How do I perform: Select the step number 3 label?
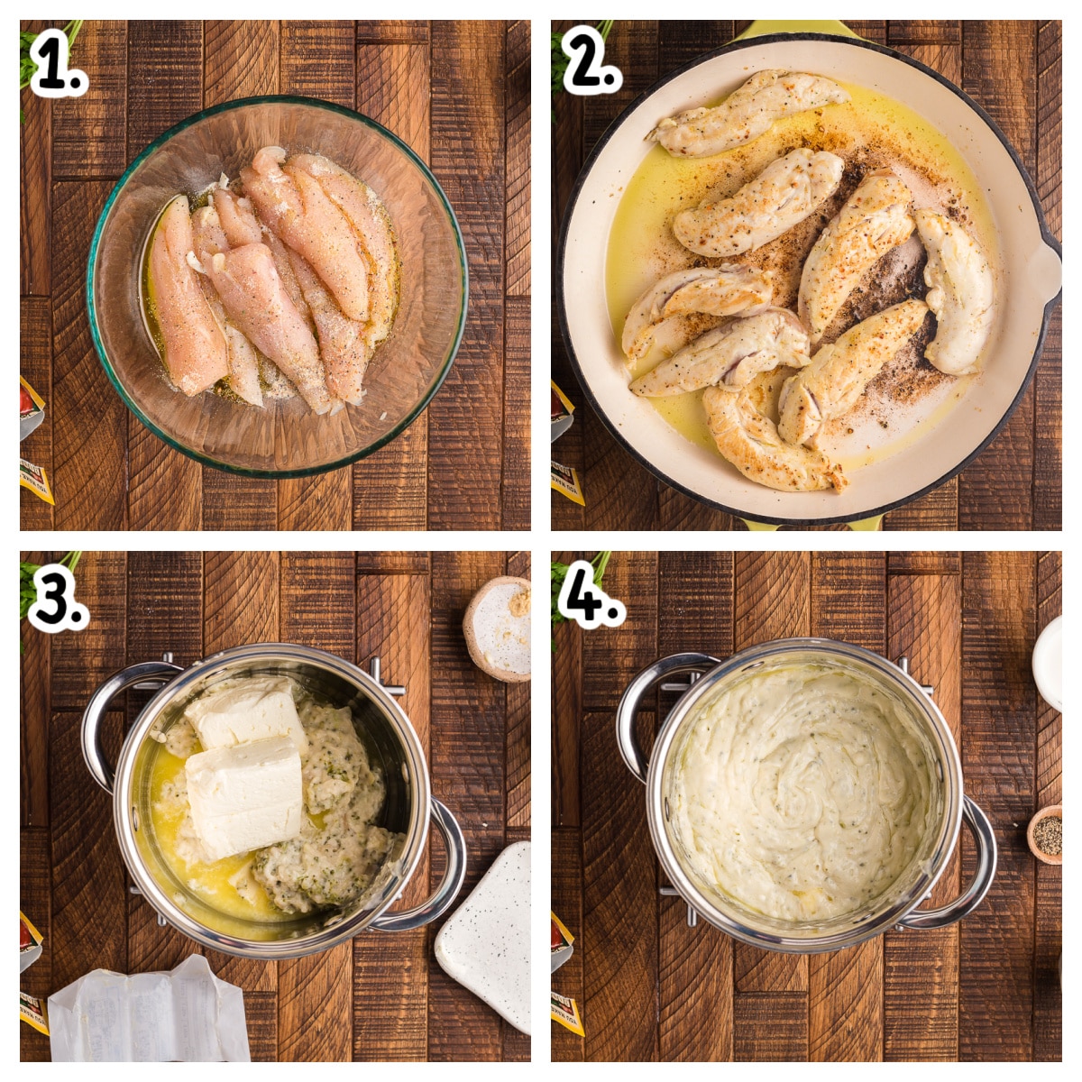coord(56,597)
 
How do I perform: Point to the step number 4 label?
coord(591,595)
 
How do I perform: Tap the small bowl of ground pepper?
coord(1046,835)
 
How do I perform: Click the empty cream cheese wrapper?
coord(149,1014)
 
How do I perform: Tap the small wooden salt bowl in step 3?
coord(499,628)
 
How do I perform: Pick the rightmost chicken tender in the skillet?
coord(956,293)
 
